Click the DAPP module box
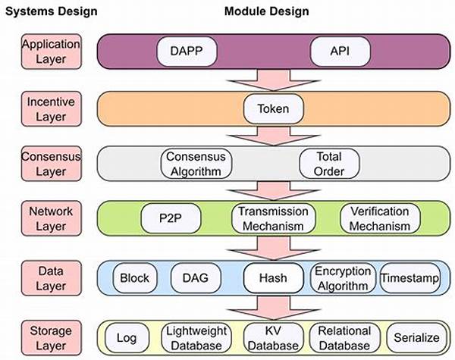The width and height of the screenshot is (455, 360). click(x=187, y=52)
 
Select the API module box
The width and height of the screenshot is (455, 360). click(x=340, y=52)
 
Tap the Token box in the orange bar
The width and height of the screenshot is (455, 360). click(x=273, y=109)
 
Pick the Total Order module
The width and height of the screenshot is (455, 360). click(x=329, y=164)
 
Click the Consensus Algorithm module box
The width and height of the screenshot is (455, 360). click(x=196, y=164)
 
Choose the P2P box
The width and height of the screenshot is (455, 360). click(x=171, y=218)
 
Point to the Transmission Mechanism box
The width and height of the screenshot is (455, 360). click(x=273, y=218)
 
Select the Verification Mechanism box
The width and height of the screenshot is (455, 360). click(x=380, y=218)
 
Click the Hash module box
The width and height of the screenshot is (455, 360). click(x=273, y=278)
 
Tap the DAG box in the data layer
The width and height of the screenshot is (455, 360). click(x=196, y=278)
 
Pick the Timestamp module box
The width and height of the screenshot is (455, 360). click(x=410, y=278)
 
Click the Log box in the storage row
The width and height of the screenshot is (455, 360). click(x=127, y=338)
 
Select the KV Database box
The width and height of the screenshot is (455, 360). click(x=273, y=338)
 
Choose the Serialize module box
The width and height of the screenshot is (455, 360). click(x=416, y=338)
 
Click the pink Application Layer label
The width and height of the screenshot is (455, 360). click(x=51, y=52)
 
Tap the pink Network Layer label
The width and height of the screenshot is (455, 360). click(x=51, y=218)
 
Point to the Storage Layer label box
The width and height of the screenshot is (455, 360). click(x=51, y=338)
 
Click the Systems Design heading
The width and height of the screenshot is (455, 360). click(x=52, y=11)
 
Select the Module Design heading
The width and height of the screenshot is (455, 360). click(x=267, y=11)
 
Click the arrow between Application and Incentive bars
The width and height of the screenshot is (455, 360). click(x=273, y=80)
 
